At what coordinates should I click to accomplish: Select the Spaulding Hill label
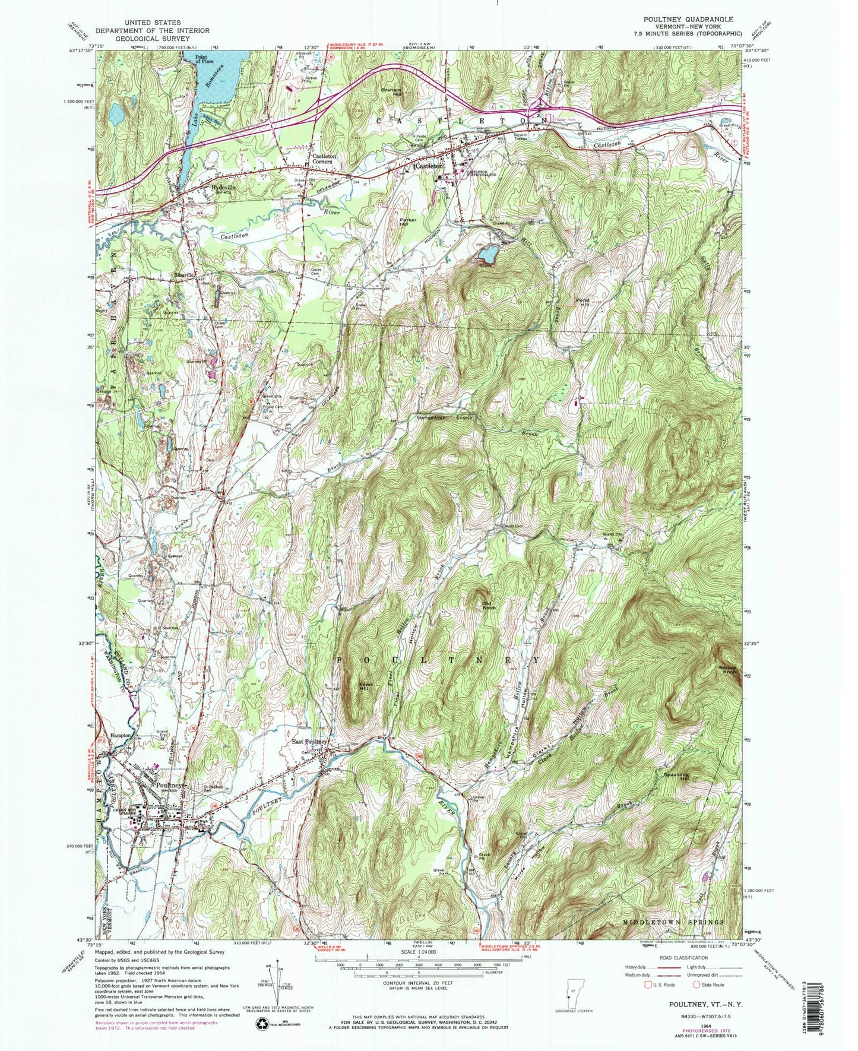coord(672,775)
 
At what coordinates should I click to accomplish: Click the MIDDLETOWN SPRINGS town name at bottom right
coord(673,922)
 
